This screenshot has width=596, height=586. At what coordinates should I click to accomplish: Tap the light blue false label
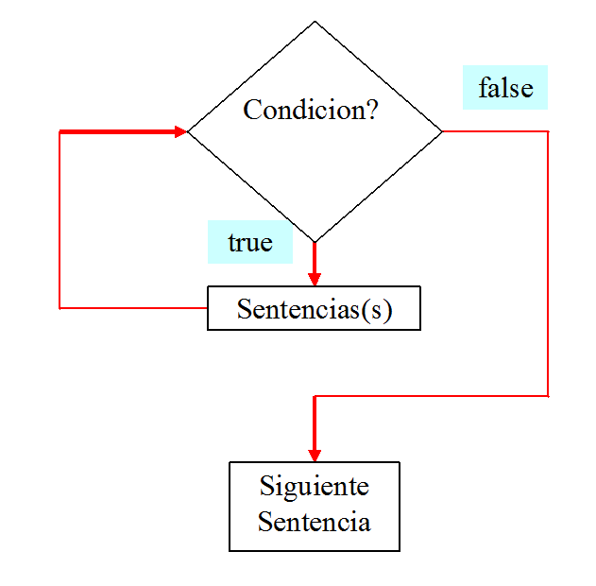[x=505, y=89]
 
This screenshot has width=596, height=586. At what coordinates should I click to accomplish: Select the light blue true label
[x=250, y=243]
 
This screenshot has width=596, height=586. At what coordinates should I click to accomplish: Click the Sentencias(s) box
[x=314, y=309]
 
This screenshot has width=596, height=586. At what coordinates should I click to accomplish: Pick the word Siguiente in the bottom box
[x=314, y=487]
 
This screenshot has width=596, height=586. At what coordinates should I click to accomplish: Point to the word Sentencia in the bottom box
[x=314, y=522]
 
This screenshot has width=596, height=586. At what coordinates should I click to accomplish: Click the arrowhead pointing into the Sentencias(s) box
[x=315, y=279]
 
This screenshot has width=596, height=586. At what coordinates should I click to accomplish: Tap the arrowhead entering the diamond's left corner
[x=180, y=131]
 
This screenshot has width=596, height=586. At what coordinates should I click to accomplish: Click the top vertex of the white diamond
[x=315, y=24]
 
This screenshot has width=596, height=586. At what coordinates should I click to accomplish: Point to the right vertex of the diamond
[x=440, y=131]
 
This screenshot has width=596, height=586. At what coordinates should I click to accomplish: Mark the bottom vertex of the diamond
[x=315, y=240]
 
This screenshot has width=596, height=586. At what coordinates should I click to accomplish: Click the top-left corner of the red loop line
[x=60, y=131]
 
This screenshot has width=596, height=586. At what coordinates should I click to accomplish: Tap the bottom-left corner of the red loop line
[x=60, y=307]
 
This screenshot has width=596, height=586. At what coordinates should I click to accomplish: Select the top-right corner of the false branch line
[x=548, y=131]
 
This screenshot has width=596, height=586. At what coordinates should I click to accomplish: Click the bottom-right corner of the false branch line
[x=548, y=395]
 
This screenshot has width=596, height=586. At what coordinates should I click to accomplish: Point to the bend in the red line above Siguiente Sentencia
[x=315, y=396]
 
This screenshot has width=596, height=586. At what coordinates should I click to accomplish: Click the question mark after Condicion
[x=370, y=111]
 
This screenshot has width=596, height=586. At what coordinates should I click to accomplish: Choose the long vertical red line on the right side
[x=548, y=265]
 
